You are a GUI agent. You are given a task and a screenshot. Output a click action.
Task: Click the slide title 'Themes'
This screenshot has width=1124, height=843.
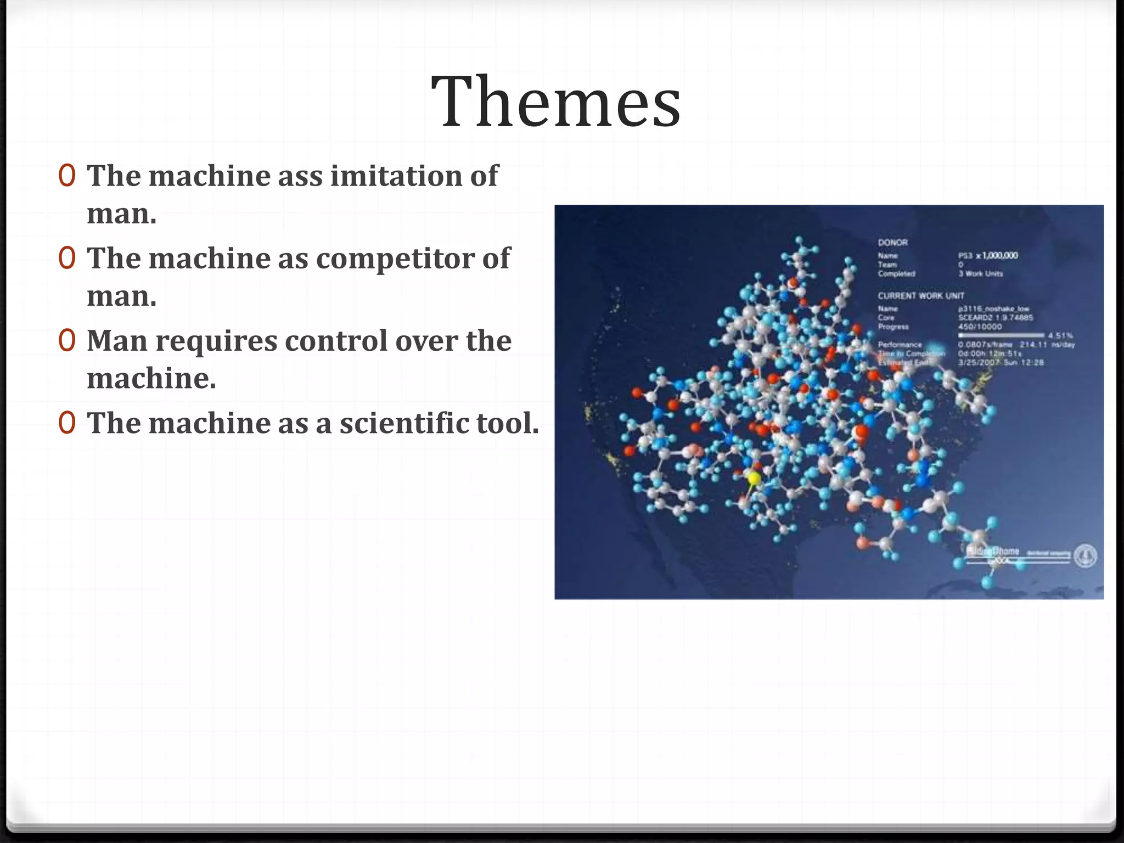click(x=556, y=102)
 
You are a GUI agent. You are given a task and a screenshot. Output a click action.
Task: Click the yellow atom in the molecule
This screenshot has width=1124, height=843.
click(x=754, y=478)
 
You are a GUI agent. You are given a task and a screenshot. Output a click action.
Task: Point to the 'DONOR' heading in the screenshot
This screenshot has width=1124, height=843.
click(x=893, y=243)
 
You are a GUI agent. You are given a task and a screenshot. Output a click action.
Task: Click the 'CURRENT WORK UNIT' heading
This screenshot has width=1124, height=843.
click(x=921, y=296)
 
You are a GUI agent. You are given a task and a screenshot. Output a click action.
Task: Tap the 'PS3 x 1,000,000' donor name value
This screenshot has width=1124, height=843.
click(x=988, y=255)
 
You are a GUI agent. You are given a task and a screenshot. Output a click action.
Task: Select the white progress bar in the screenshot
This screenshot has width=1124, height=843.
click(x=1001, y=335)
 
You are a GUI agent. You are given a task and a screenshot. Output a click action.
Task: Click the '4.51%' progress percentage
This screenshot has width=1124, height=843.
click(x=1060, y=335)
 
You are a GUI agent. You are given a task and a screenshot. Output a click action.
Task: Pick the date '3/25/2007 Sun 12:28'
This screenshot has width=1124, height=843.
click(x=1001, y=363)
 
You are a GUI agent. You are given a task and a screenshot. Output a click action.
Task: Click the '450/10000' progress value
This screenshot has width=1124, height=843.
click(x=980, y=327)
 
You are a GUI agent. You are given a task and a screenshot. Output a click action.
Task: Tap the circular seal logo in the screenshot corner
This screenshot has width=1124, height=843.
click(x=1085, y=555)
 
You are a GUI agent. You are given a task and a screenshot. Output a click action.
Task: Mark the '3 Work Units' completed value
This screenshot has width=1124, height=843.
click(x=981, y=273)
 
